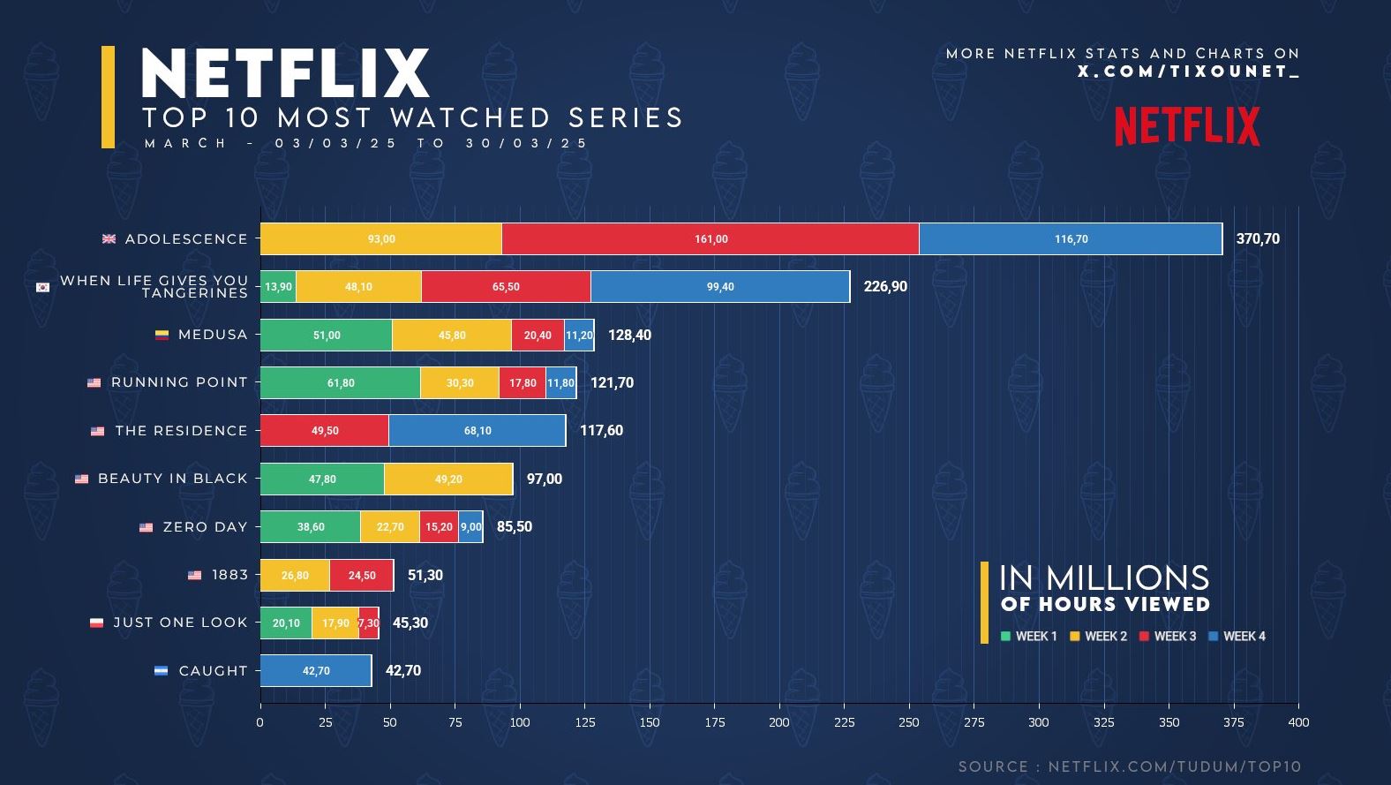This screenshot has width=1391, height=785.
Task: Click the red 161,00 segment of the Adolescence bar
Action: (711, 239)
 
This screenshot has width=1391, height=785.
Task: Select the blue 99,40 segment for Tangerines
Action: (720, 287)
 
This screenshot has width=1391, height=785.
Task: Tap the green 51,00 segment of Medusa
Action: (326, 336)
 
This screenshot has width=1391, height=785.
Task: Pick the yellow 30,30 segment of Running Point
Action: (460, 382)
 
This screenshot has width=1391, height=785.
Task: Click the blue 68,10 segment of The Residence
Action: (477, 430)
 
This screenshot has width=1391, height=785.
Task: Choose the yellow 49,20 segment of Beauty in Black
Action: (448, 479)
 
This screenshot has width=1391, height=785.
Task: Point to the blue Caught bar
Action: (316, 671)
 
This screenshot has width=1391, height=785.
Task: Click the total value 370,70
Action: (1258, 239)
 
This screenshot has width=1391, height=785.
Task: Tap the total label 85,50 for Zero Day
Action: (515, 526)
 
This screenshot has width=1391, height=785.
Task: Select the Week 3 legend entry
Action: (1168, 637)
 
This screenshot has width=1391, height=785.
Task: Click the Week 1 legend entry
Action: (1029, 637)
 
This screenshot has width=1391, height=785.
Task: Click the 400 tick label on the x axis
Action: (1298, 722)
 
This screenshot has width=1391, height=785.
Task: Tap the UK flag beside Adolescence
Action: (109, 239)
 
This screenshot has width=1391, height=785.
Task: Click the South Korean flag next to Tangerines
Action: (43, 287)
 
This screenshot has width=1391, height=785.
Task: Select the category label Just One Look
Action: (180, 623)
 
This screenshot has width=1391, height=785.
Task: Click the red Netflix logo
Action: (1187, 126)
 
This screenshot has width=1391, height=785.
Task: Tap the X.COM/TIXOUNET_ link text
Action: (1189, 72)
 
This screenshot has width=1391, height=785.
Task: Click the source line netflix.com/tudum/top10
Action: (1130, 767)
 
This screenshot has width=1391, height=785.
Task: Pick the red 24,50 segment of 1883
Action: (361, 575)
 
